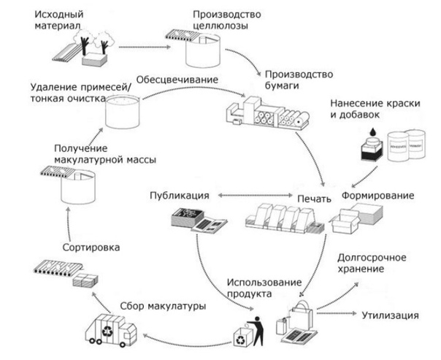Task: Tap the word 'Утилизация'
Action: pyautogui.click(x=390, y=315)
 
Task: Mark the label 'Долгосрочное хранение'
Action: pyautogui.click(x=375, y=264)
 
